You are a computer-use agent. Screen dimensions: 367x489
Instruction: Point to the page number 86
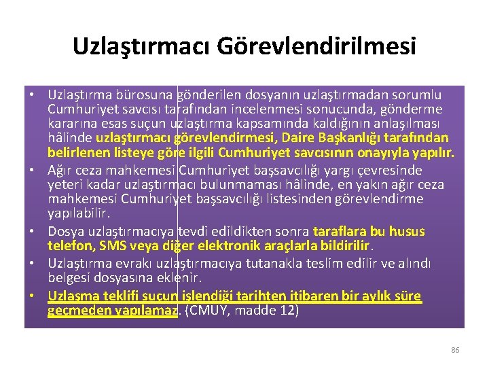(455, 350)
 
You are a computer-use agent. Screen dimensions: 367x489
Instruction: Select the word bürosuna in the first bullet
(145, 94)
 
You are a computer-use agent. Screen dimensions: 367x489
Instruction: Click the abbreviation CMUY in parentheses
(209, 311)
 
